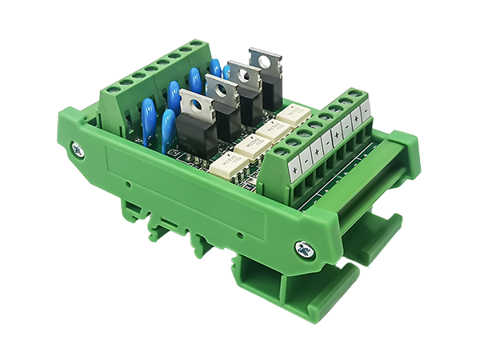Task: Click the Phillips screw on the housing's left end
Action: coord(78,149)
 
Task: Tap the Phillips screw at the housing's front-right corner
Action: coord(306,249)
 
